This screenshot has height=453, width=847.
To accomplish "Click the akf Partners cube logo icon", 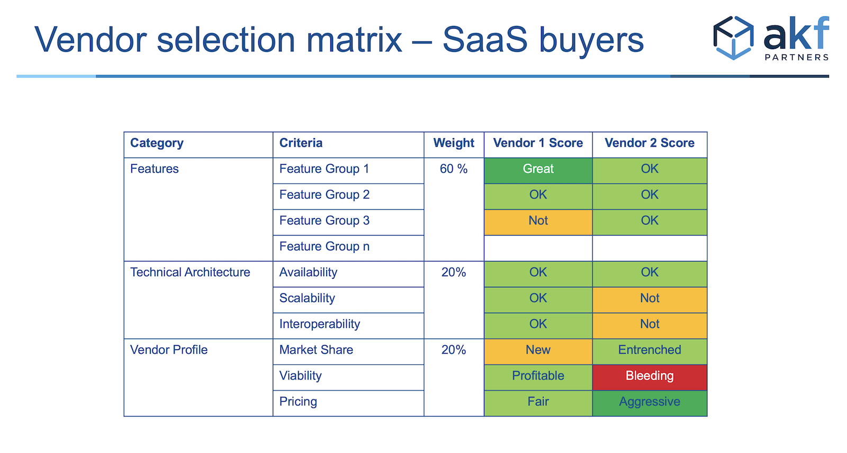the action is tap(733, 38).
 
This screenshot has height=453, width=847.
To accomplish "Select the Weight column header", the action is tap(453, 143).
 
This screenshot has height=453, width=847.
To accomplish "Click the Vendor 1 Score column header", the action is tap(538, 143).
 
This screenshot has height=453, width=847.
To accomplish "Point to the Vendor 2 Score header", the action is tap(649, 143).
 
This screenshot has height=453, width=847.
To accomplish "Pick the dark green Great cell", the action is tap(538, 170).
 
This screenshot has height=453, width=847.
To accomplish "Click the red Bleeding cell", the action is tap(650, 377).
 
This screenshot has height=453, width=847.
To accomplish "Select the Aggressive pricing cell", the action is tap(650, 403).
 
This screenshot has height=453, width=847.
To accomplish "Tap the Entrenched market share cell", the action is tap(650, 352).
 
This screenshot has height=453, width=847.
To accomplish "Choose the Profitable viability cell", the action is tap(538, 377).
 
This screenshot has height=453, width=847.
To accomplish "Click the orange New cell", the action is tap(538, 352).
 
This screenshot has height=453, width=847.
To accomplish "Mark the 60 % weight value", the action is tap(453, 169).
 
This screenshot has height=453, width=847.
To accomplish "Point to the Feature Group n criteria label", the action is tap(324, 247).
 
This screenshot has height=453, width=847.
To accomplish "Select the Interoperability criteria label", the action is tap(320, 324).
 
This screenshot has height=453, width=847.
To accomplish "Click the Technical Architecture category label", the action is tap(190, 272).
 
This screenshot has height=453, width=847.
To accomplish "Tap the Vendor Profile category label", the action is tap(169, 350).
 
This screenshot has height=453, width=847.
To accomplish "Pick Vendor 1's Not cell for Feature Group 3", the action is tap(538, 222).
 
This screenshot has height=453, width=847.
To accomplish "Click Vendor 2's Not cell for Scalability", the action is tap(650, 300).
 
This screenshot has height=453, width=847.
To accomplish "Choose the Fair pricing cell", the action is tap(538, 403).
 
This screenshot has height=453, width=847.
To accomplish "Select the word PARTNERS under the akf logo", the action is tap(797, 58).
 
